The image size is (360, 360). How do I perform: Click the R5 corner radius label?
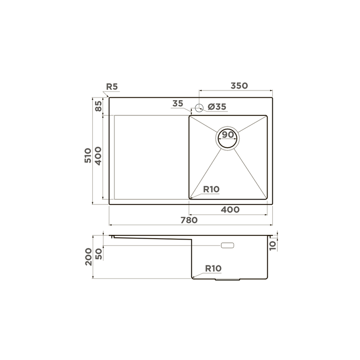(112, 87)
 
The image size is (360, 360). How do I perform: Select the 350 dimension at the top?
(239, 86)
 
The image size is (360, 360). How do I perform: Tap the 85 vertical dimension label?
(98, 106)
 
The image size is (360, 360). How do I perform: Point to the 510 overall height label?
(88, 155)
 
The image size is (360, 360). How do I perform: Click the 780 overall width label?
(189, 220)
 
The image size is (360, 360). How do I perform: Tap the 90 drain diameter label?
(228, 135)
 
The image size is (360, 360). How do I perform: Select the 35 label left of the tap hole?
(178, 104)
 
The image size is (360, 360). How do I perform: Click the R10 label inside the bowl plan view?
(211, 189)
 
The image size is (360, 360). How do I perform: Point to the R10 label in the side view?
(213, 269)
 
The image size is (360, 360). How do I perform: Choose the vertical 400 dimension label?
(98, 156)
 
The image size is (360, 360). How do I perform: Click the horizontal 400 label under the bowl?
(230, 210)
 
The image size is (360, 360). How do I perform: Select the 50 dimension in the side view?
(98, 253)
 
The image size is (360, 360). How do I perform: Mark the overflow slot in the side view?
(228, 245)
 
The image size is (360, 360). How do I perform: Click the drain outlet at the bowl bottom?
(228, 279)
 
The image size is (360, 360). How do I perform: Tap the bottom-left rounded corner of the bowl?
(191, 197)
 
